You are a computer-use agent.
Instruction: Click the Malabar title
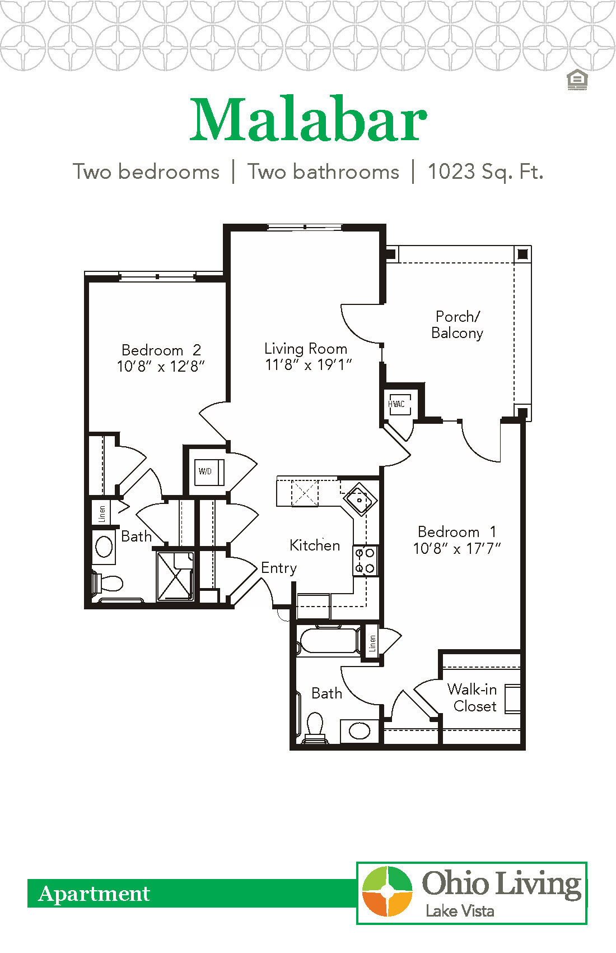pos(308,121)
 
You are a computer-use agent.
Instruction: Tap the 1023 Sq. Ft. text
pos(486,172)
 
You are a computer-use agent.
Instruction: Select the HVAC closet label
pos(396,404)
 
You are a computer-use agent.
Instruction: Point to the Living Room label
pos(306,349)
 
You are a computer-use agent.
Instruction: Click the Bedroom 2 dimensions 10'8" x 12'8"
pos(161,367)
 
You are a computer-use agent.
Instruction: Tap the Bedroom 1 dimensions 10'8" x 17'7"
pos(456,548)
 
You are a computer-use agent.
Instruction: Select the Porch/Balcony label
pos(457,325)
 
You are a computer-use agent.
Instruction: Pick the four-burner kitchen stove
pos(365,561)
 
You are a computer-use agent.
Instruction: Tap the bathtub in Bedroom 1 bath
pos(328,640)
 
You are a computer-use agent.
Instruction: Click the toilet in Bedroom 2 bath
pos(108,584)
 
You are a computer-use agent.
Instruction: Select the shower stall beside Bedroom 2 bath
pos(175,576)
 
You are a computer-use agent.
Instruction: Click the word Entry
pos(278,568)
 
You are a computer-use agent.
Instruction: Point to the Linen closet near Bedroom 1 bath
pos(372,642)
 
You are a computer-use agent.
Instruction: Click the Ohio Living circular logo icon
pos(388,892)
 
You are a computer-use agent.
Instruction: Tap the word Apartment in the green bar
pos(94,894)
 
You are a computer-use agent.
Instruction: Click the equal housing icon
pos(577,80)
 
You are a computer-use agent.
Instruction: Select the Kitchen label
pos(315,545)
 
